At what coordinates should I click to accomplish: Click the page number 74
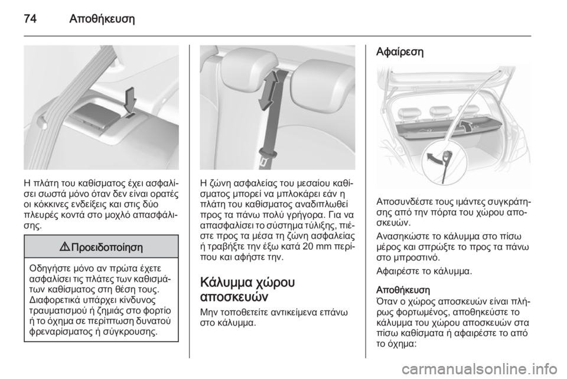(x=30, y=18)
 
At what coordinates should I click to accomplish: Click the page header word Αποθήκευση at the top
(x=102, y=18)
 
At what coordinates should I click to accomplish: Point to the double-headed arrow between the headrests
(x=268, y=90)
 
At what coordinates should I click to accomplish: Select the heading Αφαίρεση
(x=400, y=52)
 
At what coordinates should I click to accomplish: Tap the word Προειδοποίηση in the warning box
(x=107, y=247)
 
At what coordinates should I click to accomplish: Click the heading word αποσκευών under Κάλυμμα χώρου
(x=234, y=298)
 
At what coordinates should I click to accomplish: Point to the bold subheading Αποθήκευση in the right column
(x=403, y=290)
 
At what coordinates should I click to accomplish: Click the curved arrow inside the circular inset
(x=435, y=158)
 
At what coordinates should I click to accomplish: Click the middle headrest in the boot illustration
(x=439, y=112)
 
